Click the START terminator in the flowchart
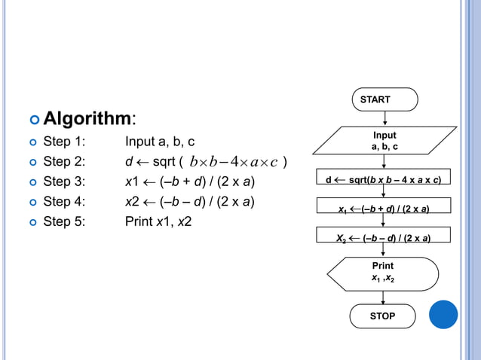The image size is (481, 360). pos(384,99)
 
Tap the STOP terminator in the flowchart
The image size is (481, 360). pos(382,316)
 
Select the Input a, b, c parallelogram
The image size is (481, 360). pos(384,141)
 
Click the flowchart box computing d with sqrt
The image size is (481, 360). pos(383,180)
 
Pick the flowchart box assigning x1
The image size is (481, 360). pos(383,209)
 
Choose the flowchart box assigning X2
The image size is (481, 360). pos(383,239)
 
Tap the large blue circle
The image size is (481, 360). pos(443,314)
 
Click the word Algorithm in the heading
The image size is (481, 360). pos(87,118)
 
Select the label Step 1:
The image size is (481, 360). pos(64,142)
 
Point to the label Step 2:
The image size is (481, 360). pos(64,161)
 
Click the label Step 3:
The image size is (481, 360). pos(64,182)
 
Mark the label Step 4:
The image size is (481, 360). pos(64,201)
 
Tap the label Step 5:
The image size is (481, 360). pos(64,221)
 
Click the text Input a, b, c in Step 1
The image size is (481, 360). pos(160,142)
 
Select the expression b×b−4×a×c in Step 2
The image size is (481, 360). pos(234,162)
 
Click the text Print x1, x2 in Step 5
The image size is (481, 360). pos(158,221)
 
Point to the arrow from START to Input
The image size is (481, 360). pos(384,118)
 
